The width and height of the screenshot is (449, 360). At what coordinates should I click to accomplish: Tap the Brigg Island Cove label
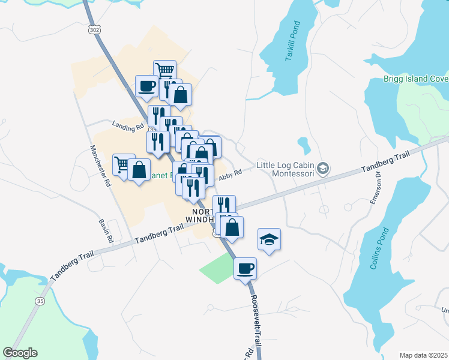(x=415, y=79)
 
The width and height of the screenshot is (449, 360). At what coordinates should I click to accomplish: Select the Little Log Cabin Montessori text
(x=285, y=169)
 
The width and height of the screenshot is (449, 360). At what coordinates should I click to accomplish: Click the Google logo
(x=20, y=353)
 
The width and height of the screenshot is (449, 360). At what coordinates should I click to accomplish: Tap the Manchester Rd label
(x=101, y=167)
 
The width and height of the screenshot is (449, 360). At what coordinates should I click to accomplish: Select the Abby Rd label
(x=230, y=173)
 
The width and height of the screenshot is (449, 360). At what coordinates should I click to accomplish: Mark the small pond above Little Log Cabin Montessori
(x=304, y=144)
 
